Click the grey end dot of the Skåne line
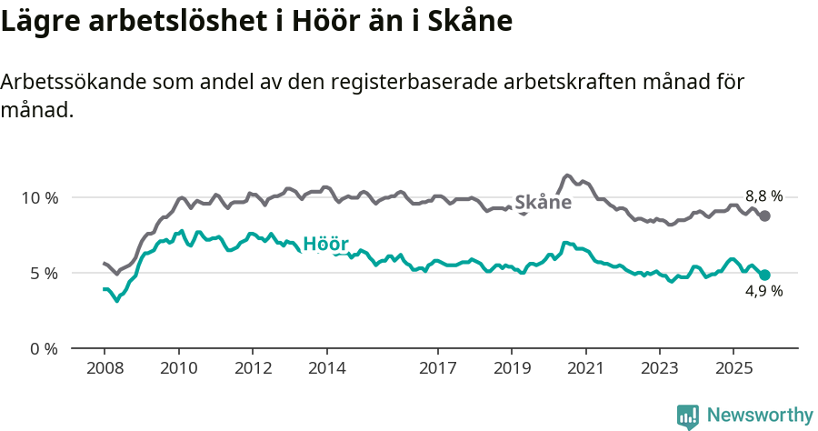(765, 215)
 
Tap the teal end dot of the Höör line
(765, 275)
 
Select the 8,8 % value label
(763, 196)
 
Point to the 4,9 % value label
(763, 292)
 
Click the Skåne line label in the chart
(543, 202)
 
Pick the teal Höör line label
(325, 244)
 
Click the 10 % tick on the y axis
(39, 197)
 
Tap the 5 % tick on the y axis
(44, 273)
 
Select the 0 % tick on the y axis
(44, 348)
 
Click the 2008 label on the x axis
(104, 369)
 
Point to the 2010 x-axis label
(178, 369)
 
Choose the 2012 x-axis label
(253, 369)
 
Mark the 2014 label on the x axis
(326, 369)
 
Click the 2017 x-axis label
(438, 369)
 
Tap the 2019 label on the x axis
(512, 369)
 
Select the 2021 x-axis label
(586, 369)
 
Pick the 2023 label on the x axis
(660, 369)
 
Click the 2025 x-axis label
(734, 369)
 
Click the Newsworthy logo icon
(688, 416)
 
